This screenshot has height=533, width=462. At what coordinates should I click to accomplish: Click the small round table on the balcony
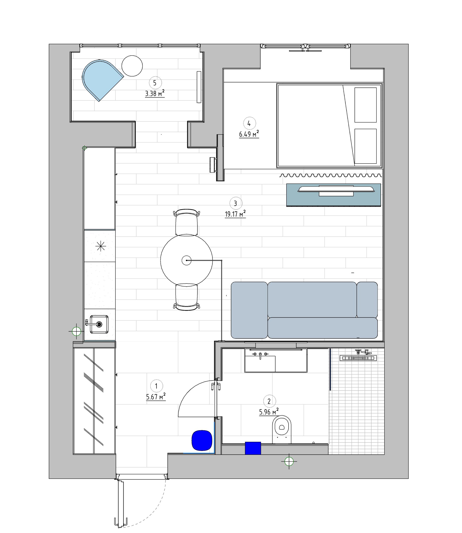(x=132, y=66)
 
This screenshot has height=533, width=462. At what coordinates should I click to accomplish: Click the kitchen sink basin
(x=99, y=324)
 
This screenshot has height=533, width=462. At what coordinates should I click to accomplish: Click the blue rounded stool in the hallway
(x=202, y=441)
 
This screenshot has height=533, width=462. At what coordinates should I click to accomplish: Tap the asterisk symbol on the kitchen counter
(x=101, y=246)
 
